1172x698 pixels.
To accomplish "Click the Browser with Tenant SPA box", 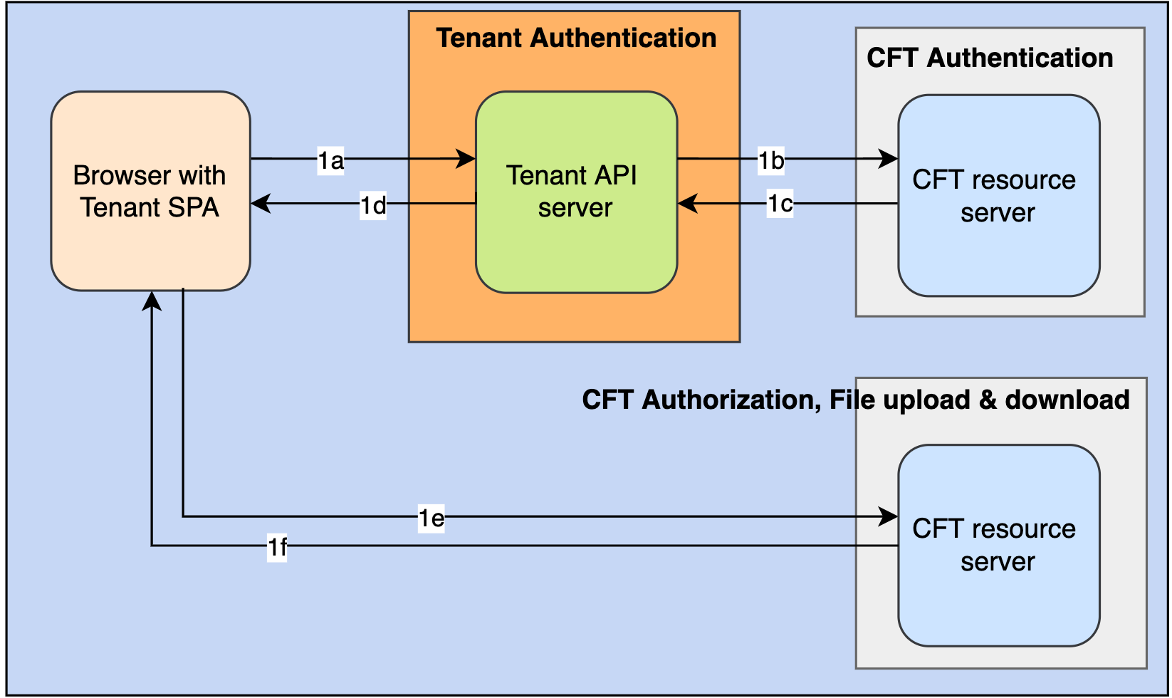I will pos(150,191).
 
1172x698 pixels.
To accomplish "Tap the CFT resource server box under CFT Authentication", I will pos(998,195).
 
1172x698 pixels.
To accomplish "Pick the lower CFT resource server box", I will pos(998,545).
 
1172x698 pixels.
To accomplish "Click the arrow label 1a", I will pos(330,161).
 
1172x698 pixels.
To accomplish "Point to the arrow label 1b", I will pos(770,161).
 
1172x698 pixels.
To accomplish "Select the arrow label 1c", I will pos(780,204).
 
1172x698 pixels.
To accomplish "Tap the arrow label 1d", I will pos(372,205).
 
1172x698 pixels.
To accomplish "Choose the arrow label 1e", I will pos(431,518).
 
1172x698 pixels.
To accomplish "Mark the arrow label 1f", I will pos(277,547).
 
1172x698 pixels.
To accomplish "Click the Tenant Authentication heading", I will pos(575,38).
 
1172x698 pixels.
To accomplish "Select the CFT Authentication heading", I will pos(989,58).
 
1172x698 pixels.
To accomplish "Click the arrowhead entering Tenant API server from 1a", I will pos(466,158).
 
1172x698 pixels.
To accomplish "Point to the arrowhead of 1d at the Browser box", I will pos(261,204).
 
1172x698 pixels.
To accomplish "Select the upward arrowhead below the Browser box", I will pos(152,301).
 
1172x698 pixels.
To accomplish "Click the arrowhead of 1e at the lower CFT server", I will pos(889,516).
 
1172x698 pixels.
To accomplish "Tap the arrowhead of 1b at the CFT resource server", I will pos(889,158).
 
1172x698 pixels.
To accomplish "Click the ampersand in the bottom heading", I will pos(987,400).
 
